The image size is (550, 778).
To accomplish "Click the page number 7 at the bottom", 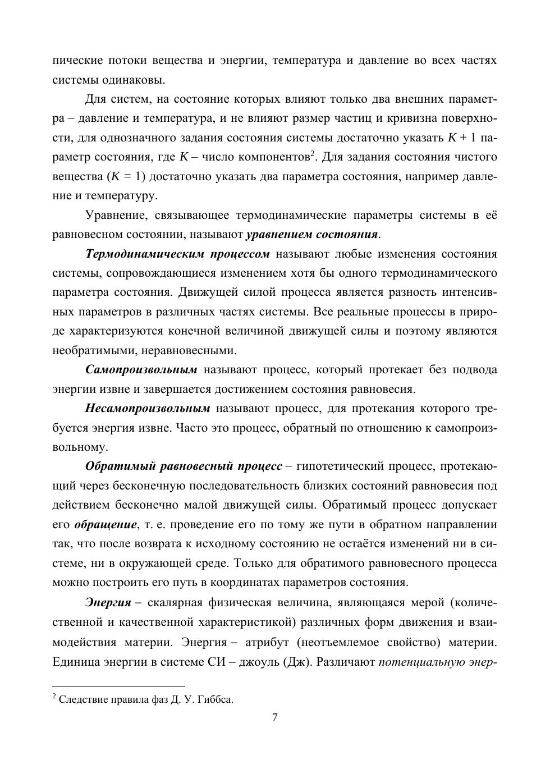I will [x=274, y=717].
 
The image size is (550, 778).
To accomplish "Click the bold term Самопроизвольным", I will [x=141, y=370].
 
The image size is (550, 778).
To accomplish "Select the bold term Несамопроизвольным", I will [x=148, y=408].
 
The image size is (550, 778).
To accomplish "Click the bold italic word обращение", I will [x=106, y=524].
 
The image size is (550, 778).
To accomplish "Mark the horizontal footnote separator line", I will [x=118, y=686].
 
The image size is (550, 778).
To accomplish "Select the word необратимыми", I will [x=93, y=351].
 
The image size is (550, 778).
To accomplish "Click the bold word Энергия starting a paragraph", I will [x=108, y=603].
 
